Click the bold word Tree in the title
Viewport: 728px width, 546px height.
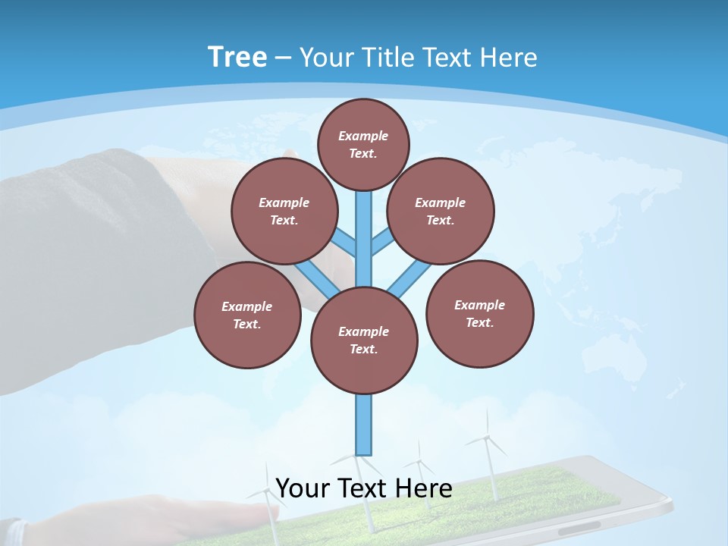(237, 58)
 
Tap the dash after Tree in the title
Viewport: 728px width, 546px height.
(283, 58)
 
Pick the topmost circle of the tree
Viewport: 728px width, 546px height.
(363, 144)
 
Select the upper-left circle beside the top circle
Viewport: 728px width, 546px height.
(284, 211)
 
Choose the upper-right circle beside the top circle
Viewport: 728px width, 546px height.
(441, 211)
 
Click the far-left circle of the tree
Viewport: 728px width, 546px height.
(247, 315)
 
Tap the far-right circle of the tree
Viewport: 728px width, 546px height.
(479, 313)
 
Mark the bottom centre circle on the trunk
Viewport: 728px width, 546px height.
(364, 340)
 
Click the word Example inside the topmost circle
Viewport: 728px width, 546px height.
(363, 136)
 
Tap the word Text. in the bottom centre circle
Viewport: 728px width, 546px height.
(363, 349)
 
